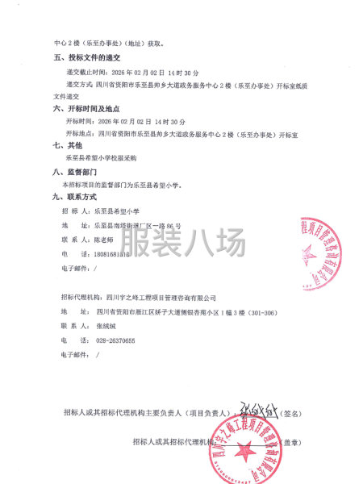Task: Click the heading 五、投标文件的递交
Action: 86,59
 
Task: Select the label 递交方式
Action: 78,83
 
